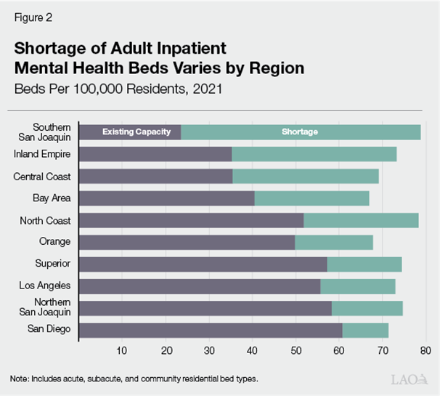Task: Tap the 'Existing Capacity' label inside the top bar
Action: [136, 132]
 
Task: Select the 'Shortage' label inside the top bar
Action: [300, 132]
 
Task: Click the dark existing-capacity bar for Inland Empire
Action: [155, 154]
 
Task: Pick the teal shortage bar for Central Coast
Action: [305, 176]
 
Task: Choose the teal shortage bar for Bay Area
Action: [311, 198]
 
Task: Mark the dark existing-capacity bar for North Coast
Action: [190, 220]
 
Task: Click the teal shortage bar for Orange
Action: [334, 242]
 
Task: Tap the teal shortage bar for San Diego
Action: [365, 331]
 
